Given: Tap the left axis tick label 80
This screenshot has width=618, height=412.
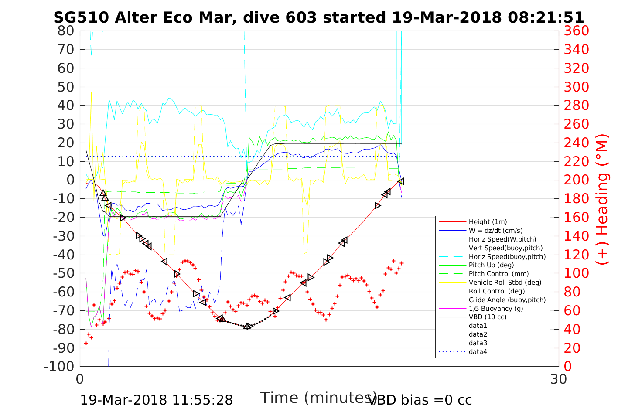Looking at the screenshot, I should click(66, 31).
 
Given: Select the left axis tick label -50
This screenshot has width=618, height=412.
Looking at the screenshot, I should click(64, 273).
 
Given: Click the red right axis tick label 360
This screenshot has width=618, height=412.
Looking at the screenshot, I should click(577, 31).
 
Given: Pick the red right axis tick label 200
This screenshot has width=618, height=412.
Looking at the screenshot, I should click(577, 180).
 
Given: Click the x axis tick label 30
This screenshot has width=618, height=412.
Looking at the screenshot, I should click(559, 379).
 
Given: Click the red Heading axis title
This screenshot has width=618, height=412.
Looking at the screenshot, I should click(602, 198).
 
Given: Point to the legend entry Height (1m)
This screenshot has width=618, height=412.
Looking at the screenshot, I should click(488, 222).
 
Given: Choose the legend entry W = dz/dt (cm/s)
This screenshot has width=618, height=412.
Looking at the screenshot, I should click(495, 231).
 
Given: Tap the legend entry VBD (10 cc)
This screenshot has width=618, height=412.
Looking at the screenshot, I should click(488, 317).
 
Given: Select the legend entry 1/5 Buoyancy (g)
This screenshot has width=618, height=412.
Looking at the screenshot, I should click(496, 308).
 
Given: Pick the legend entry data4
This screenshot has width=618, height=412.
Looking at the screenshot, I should click(478, 351).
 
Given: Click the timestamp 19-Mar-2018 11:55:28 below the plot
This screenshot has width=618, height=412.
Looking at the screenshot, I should click(157, 400).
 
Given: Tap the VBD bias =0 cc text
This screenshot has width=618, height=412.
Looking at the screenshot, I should click(420, 400).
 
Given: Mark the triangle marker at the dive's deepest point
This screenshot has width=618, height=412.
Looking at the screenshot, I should click(248, 326).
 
